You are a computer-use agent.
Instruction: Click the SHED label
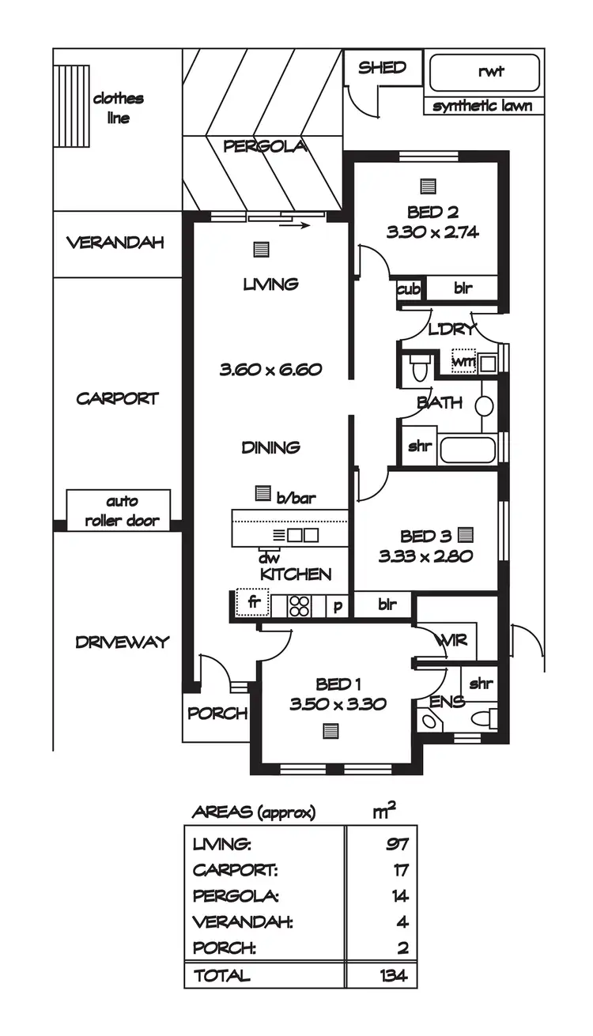(x=382, y=68)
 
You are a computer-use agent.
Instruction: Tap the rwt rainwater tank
(x=485, y=73)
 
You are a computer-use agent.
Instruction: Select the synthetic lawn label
(x=482, y=107)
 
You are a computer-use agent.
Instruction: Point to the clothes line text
(x=118, y=108)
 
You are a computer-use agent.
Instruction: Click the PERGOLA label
(x=263, y=146)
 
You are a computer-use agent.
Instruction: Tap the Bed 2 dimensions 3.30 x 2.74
(x=432, y=232)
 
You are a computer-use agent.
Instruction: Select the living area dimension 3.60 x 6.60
(x=271, y=369)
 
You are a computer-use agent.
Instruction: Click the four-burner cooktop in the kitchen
(x=299, y=605)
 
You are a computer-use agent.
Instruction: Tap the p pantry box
(x=338, y=606)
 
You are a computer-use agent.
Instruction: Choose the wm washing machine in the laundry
(x=463, y=362)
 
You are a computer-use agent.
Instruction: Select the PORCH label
(x=217, y=713)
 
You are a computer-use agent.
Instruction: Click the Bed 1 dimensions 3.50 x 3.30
(x=338, y=704)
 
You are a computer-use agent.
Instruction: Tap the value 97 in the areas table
(x=396, y=845)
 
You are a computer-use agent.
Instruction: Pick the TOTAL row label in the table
(x=222, y=975)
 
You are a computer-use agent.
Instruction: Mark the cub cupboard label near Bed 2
(x=408, y=289)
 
